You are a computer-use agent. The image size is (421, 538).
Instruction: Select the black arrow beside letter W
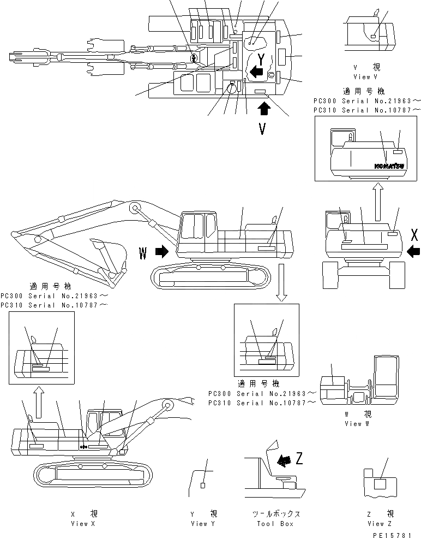click(x=162, y=252)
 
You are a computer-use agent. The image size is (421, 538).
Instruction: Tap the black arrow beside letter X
click(x=413, y=251)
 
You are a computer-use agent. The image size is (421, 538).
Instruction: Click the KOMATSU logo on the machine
click(x=388, y=165)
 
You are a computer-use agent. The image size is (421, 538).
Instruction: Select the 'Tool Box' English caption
click(x=275, y=524)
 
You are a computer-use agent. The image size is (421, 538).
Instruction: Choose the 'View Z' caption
click(x=380, y=524)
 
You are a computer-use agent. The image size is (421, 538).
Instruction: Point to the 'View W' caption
click(x=353, y=423)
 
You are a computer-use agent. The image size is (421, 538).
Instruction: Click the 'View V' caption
click(x=362, y=77)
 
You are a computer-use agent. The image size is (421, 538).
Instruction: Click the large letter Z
click(x=299, y=458)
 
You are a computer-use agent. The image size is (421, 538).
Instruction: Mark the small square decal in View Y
click(x=203, y=485)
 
